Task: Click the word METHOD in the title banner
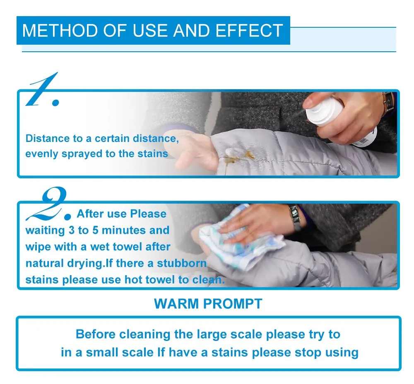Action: [60, 31]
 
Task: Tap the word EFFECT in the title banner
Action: [249, 31]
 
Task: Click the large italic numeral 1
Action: [43, 90]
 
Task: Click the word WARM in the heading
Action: [176, 303]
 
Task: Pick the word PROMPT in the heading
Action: [233, 303]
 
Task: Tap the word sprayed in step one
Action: [82, 154]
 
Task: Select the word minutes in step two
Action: [124, 230]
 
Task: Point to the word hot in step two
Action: [134, 279]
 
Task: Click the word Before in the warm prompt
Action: [96, 334]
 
